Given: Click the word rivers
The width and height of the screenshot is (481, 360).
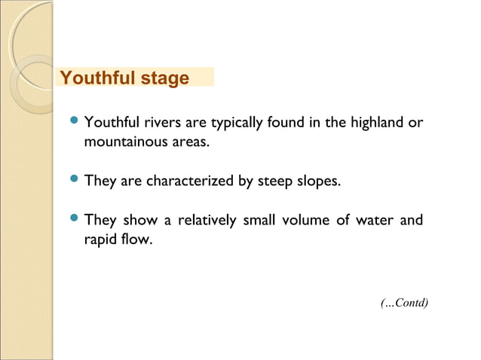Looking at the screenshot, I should point(161,122).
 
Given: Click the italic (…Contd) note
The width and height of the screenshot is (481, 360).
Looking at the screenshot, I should point(405,303).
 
